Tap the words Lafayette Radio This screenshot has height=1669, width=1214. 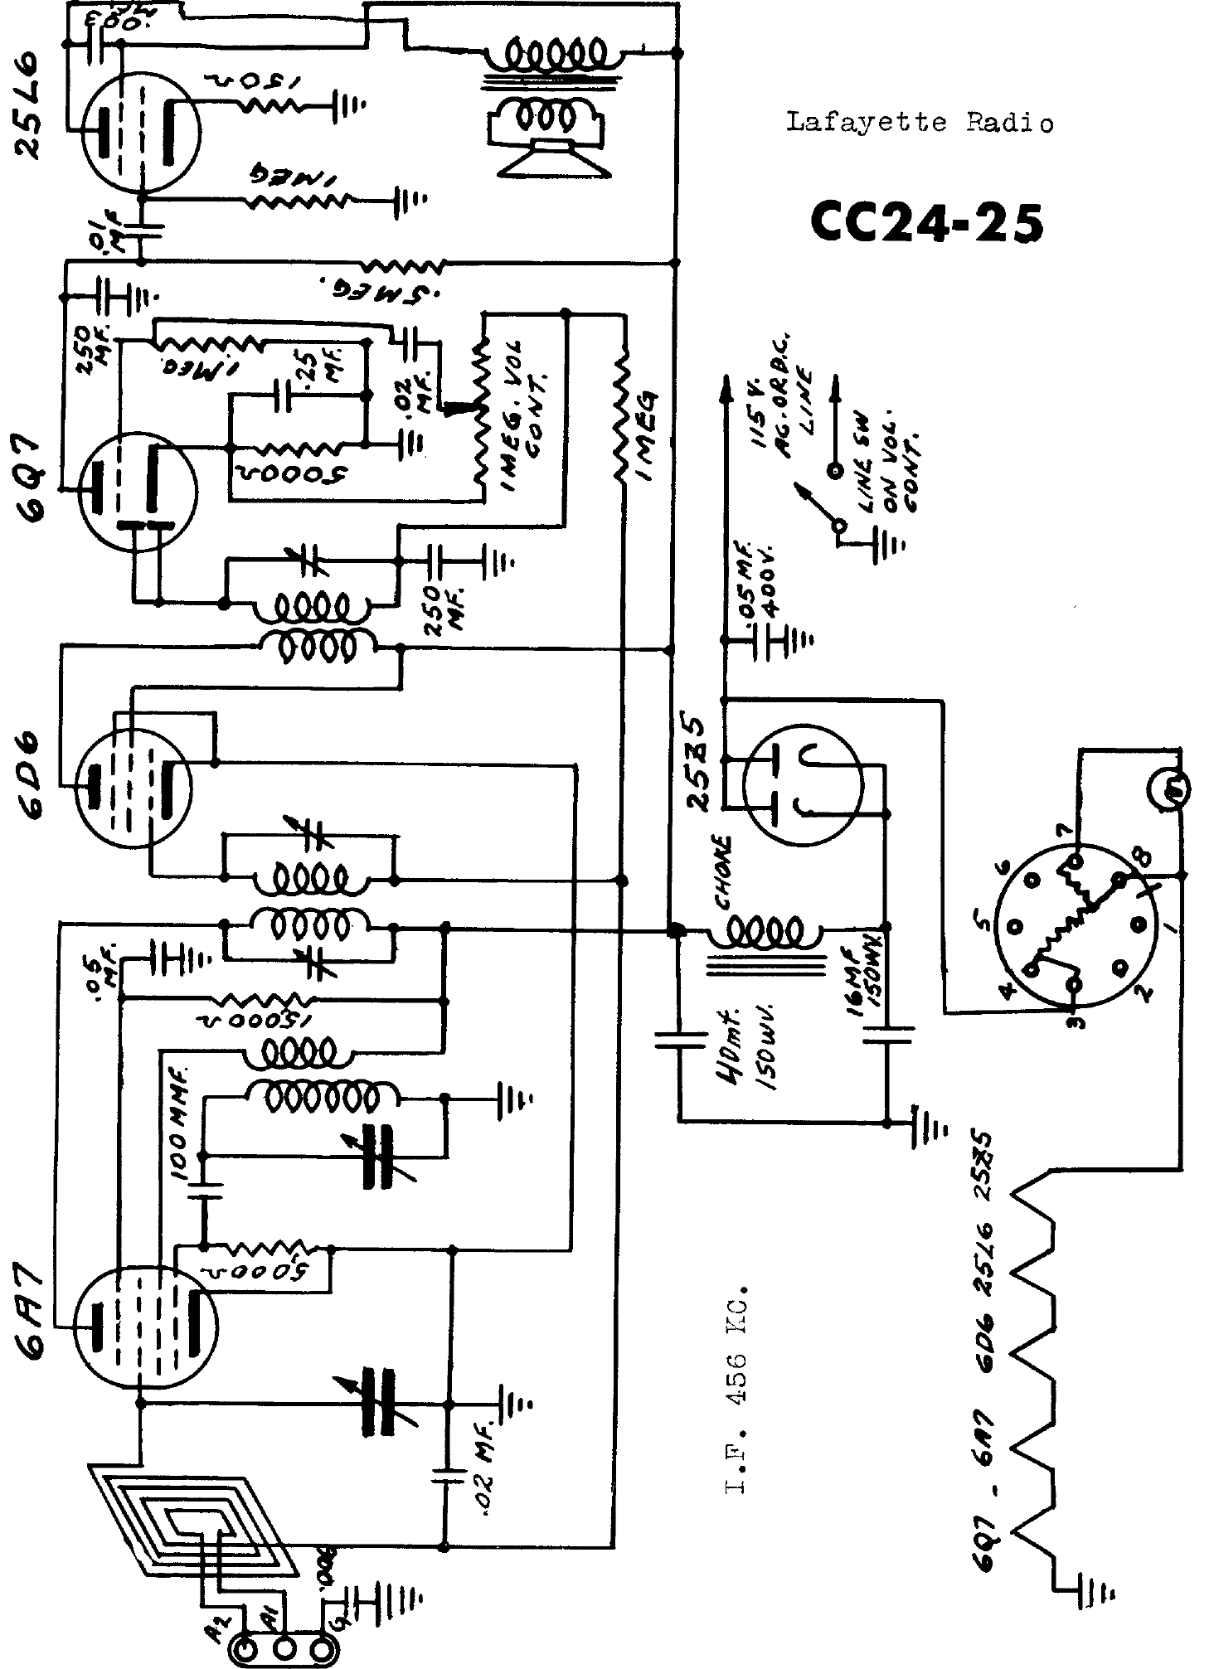[x=920, y=124]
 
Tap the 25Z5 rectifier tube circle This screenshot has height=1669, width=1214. [x=803, y=784]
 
